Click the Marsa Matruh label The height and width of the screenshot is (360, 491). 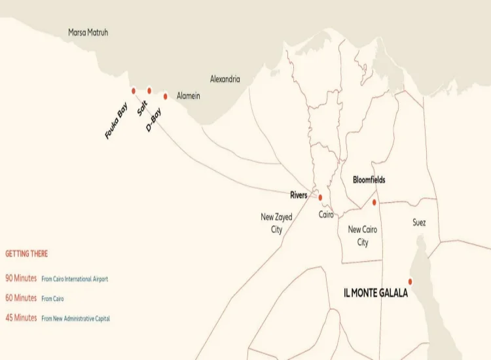click(88, 32)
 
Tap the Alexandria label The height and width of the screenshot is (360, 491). click(225, 79)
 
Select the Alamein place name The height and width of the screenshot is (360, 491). click(189, 96)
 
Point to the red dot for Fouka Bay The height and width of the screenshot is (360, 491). click(134, 91)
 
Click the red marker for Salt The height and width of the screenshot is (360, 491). click(149, 91)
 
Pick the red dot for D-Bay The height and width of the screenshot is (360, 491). click(166, 96)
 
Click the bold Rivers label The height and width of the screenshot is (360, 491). click(299, 195)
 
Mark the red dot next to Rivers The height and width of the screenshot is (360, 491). click(320, 197)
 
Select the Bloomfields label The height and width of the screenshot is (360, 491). click(369, 179)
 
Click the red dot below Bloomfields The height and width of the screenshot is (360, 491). click(374, 202)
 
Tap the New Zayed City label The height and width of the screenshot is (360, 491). click(276, 223)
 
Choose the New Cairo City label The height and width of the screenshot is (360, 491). click(363, 236)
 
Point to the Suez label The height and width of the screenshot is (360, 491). click(419, 223)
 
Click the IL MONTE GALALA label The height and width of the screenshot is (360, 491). click(376, 293)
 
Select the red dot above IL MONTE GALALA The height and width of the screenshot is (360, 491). click(410, 281)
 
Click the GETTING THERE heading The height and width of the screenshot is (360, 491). click(26, 253)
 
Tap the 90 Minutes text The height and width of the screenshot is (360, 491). click(21, 278)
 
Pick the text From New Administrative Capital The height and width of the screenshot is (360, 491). click(75, 318)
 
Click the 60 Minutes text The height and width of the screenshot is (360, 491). click(21, 298)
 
